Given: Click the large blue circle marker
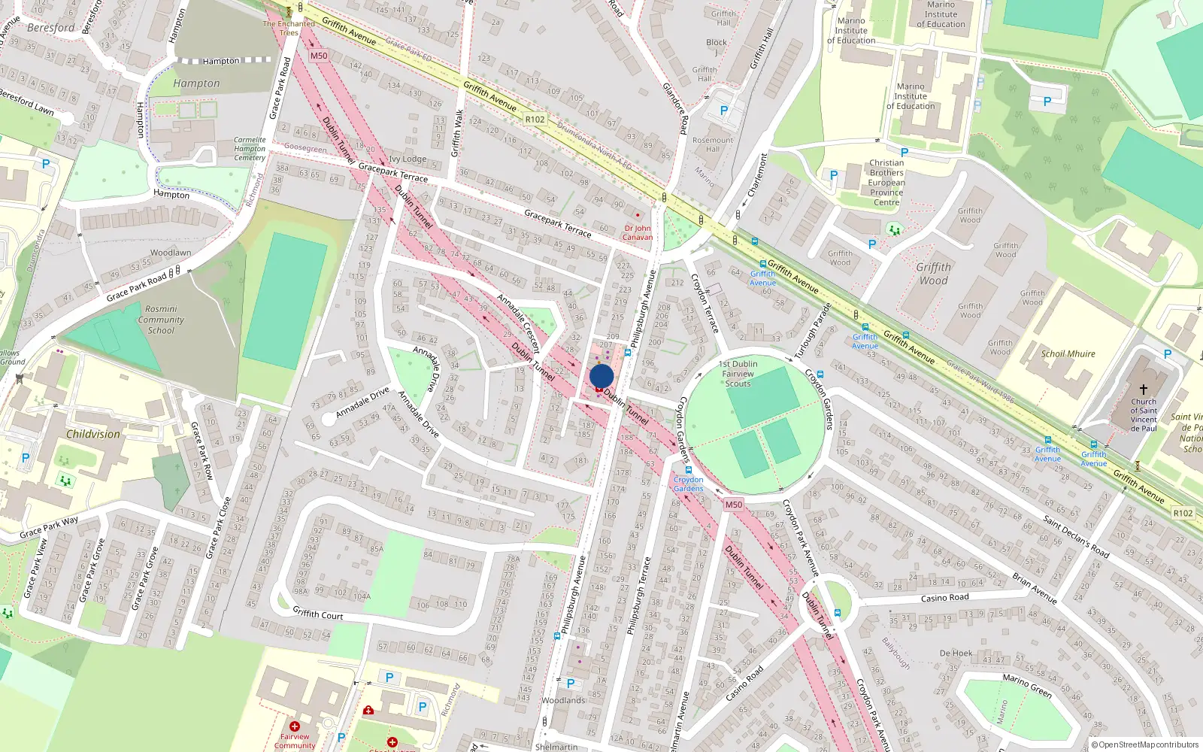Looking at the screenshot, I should (601, 377).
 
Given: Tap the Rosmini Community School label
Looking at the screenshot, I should (161, 320).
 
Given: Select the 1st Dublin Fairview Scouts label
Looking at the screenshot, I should (738, 374).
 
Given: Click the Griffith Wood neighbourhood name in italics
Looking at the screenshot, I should (934, 274).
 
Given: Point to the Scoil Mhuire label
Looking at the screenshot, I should (1068, 353).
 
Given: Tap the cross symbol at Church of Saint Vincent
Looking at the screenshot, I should (1144, 390).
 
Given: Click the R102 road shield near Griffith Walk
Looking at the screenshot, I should (535, 120).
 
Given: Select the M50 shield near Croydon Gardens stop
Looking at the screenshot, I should (734, 505).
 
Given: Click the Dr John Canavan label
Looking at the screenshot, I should (638, 232).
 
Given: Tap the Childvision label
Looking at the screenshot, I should (93, 434).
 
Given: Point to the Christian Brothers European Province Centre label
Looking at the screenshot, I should (886, 183).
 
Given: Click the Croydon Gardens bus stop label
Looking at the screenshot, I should (689, 484).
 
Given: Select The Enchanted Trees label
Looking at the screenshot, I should (289, 28).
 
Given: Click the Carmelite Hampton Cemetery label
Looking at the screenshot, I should (250, 149).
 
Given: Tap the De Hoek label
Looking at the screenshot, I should (956, 653).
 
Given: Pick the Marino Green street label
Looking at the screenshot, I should (1027, 685).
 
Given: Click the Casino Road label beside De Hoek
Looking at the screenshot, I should (945, 598).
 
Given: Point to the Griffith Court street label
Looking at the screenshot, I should (317, 614).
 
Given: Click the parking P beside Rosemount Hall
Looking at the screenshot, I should (724, 111).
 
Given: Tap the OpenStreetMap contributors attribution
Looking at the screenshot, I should (1145, 745).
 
